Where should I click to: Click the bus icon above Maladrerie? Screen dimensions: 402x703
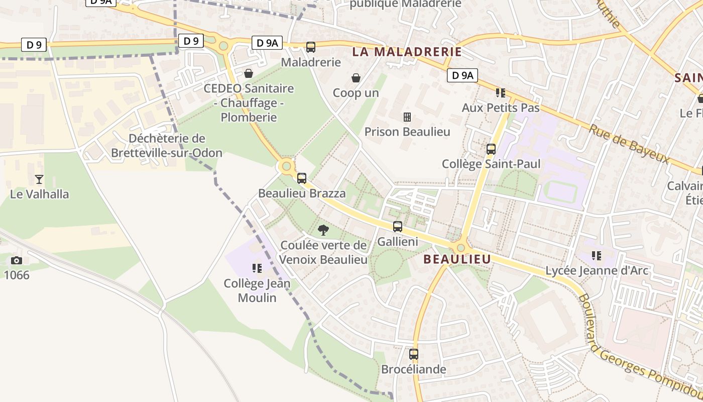311,47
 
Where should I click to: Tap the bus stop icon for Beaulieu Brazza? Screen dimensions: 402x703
302,178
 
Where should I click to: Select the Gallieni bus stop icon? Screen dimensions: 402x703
398,226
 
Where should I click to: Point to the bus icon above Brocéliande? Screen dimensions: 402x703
414,354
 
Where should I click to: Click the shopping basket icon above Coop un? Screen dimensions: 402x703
356,78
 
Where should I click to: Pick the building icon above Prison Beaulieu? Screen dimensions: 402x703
407,117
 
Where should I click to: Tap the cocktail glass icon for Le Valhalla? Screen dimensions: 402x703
39,179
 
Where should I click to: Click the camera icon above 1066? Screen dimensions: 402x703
17,260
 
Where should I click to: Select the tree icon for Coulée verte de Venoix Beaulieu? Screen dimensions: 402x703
323,230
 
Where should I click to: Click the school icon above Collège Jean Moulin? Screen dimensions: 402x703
257,268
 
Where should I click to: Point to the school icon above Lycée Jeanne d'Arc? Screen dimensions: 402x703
597,256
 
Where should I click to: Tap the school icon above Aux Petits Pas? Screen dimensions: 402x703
500,92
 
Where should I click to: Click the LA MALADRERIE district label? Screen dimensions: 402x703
407,52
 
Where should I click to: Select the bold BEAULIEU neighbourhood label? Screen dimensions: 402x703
457,259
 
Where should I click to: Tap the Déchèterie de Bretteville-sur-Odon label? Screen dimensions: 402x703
167,145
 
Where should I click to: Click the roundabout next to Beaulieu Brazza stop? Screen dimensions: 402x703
286,165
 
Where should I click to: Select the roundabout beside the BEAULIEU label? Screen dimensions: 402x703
460,248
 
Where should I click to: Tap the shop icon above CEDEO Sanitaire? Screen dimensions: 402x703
249,73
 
